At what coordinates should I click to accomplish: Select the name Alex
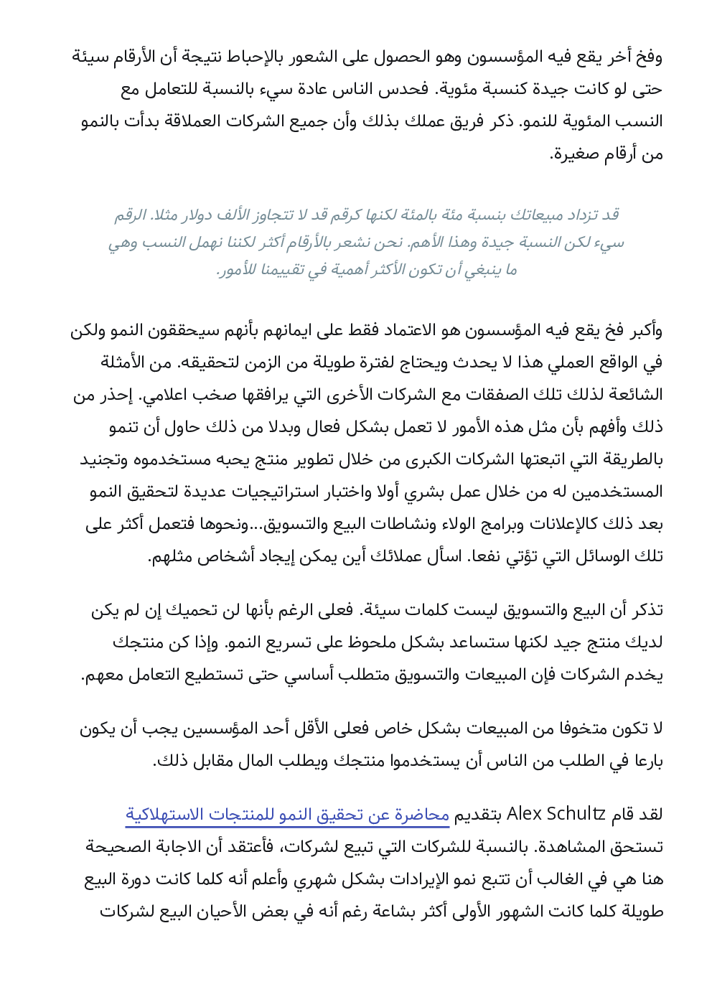524,814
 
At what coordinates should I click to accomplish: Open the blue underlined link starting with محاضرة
287,815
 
